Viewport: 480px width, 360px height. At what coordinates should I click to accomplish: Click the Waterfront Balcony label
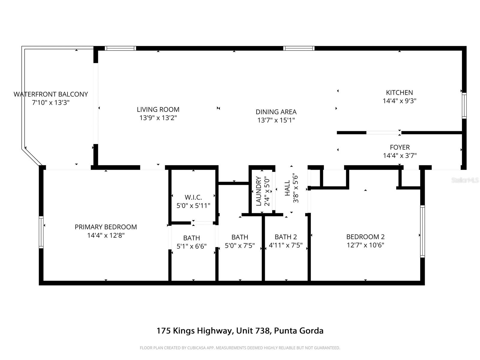click(51, 94)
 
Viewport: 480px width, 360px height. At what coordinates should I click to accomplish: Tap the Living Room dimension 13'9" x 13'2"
click(158, 118)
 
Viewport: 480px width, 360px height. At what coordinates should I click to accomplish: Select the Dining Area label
click(276, 112)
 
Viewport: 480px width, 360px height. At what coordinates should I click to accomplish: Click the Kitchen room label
click(399, 92)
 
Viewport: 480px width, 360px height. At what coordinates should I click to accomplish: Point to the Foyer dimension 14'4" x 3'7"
click(400, 156)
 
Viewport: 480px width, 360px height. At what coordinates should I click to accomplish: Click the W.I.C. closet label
click(193, 197)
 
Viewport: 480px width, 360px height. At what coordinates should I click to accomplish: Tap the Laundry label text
click(259, 191)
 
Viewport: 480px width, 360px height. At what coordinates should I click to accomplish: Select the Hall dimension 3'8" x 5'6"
click(296, 188)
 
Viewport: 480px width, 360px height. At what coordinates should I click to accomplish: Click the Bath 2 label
click(286, 237)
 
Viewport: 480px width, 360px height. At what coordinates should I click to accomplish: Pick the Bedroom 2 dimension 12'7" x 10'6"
click(365, 245)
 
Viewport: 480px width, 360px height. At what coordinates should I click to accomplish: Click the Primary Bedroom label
click(106, 227)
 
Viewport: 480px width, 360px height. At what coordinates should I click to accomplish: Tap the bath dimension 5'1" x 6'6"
click(191, 246)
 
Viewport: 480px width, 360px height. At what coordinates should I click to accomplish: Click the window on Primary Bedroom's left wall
click(41, 232)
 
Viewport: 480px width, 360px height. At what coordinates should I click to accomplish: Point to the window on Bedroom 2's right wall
click(422, 231)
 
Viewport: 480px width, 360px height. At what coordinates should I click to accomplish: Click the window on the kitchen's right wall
click(464, 105)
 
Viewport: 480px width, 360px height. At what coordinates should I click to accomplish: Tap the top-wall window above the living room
click(120, 48)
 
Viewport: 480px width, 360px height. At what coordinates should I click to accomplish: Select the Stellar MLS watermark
click(465, 180)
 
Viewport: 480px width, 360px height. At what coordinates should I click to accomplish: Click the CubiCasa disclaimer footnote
click(240, 348)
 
